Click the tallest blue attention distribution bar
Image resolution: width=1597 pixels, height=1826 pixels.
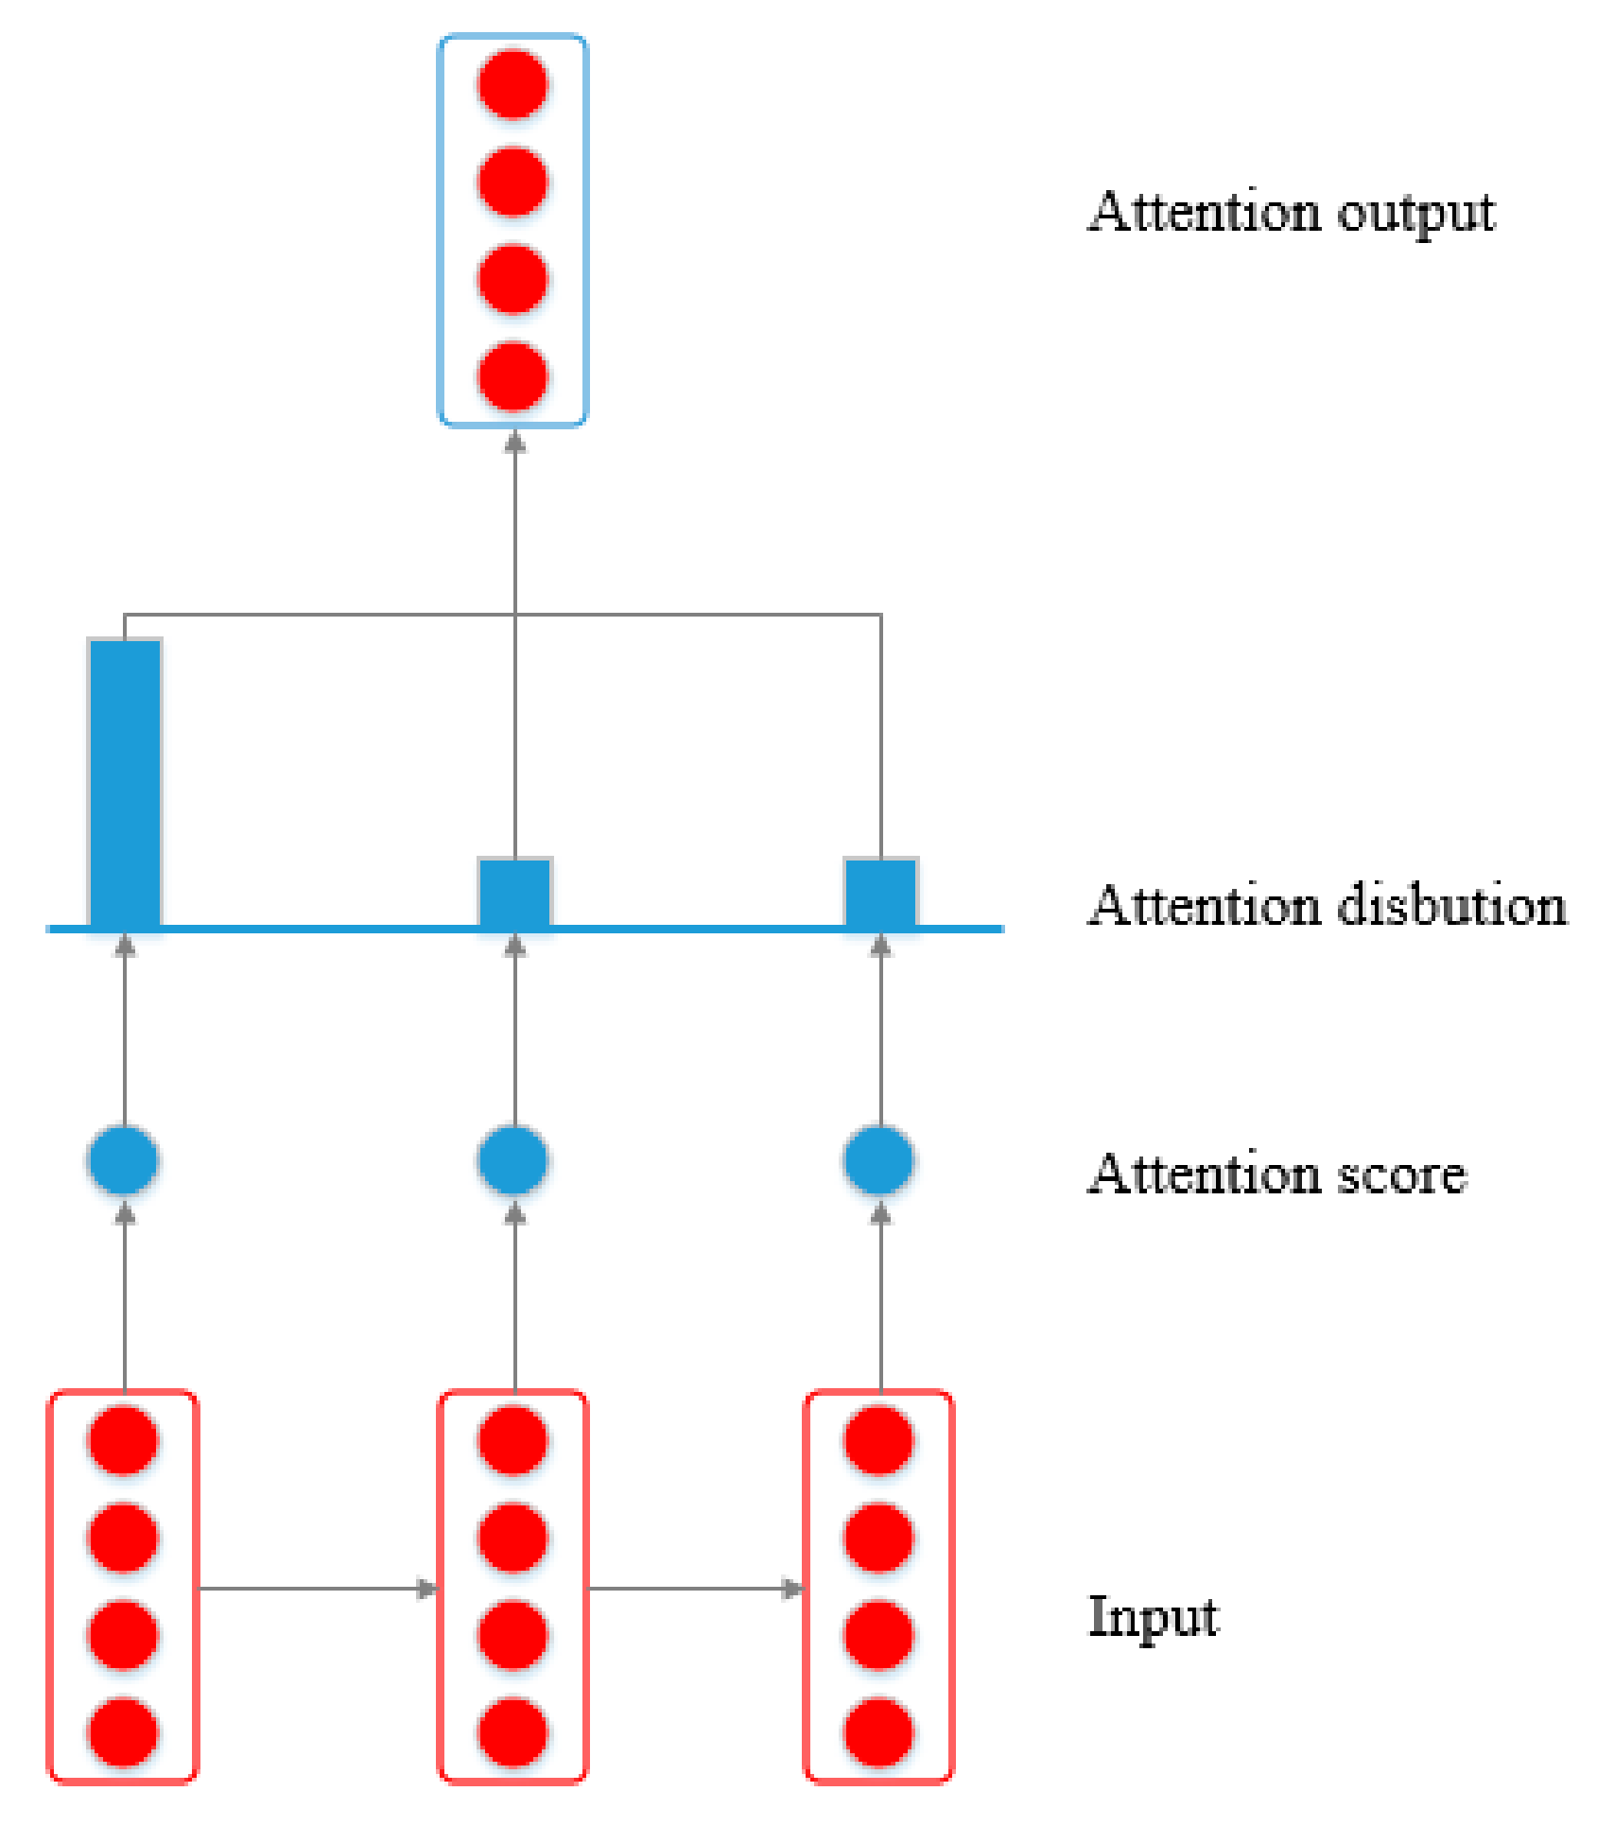point(125,783)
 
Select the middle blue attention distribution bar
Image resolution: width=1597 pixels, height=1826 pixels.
point(514,893)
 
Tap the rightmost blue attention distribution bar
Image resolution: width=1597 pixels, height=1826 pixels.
point(880,893)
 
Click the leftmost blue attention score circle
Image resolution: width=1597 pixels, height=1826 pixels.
point(123,1160)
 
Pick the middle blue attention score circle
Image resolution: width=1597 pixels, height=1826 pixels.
point(513,1160)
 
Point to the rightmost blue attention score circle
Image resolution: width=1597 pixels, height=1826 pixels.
point(879,1160)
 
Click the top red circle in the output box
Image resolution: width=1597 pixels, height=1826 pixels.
point(513,84)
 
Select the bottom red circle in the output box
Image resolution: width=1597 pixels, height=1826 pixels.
point(513,377)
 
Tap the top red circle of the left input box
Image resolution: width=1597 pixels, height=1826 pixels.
point(123,1440)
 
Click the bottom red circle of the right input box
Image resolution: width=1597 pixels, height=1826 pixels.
point(879,1731)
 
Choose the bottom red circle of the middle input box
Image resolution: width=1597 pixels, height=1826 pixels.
point(513,1731)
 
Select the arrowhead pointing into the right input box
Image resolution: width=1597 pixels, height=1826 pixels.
point(793,1589)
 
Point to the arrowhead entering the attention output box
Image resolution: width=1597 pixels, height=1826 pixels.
point(514,442)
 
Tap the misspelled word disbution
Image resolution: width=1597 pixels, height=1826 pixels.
point(1451,905)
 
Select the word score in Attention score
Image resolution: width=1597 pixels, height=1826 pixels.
point(1400,1174)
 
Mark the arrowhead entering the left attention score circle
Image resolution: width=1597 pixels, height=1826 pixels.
point(125,1213)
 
